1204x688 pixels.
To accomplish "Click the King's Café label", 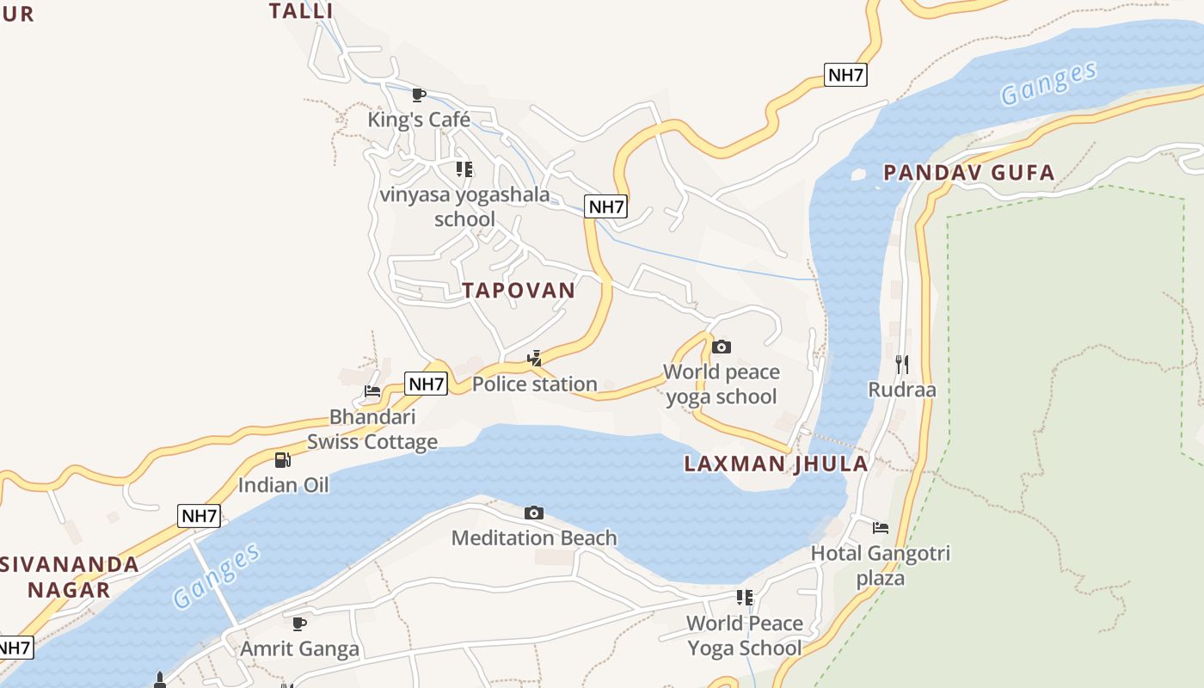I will point(419,120).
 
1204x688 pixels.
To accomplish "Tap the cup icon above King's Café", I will point(419,95).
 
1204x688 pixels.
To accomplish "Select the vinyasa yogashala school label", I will point(464,206).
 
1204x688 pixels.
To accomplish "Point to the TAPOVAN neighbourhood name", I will point(519,291).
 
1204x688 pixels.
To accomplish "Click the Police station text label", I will point(534,384).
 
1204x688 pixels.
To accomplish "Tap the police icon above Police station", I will point(535,359).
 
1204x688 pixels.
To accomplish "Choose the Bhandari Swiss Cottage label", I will point(372,429).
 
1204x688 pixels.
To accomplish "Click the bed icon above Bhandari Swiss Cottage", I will point(372,391).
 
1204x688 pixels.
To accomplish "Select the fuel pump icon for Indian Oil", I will point(283,460).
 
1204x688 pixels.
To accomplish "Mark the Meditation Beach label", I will point(534,538).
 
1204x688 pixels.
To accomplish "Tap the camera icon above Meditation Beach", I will point(534,513).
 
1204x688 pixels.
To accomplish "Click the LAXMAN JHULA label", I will point(776,464).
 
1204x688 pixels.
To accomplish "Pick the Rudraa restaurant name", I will point(901,390).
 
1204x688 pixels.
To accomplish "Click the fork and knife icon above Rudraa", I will point(901,364).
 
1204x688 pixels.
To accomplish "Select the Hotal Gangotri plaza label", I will point(881,565).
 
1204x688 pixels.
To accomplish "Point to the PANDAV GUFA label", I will point(969,173).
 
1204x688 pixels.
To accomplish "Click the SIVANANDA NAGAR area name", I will point(69,577).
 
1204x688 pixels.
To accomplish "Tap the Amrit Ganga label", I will point(299,648).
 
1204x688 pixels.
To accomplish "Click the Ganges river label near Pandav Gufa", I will point(1049,84).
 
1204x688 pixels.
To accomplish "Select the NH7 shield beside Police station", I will point(427,384).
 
